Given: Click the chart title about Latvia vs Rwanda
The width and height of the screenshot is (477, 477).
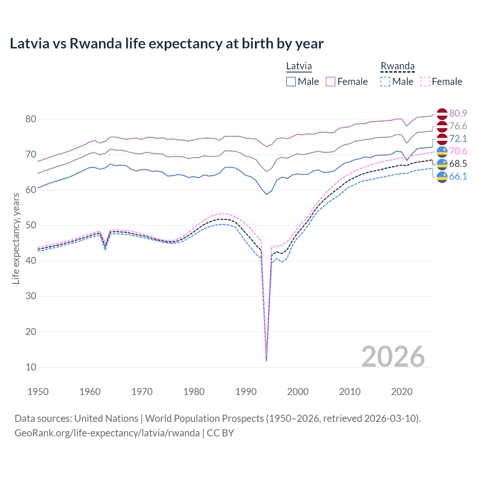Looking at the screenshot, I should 167,44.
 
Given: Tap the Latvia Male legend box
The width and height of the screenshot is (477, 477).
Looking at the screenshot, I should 291,82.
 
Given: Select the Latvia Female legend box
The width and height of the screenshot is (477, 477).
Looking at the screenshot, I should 331,82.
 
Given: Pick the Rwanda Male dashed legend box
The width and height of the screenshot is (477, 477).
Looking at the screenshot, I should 385,82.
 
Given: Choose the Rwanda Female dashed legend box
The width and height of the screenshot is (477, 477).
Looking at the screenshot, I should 425,82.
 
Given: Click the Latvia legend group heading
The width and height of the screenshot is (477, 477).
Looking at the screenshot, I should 299,66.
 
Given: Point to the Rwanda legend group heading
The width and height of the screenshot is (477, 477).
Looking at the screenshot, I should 397,66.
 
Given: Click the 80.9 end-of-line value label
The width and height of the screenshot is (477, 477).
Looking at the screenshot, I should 458,113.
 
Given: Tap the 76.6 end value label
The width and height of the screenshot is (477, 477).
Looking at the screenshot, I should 458,126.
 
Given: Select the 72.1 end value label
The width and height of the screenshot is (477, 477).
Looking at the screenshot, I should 458,139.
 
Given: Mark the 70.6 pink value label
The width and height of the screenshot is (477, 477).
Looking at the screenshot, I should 458,151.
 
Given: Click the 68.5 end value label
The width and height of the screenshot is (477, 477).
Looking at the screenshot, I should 458,164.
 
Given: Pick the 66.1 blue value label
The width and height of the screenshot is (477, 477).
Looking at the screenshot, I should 458,176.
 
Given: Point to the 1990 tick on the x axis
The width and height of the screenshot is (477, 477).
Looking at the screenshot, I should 246,392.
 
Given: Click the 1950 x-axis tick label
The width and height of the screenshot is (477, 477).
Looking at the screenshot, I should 38,392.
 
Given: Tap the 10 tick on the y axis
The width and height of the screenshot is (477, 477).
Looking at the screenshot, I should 31,367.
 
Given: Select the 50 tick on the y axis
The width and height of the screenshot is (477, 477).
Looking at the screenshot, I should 31,225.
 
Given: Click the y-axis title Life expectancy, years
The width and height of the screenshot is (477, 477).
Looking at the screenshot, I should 16,238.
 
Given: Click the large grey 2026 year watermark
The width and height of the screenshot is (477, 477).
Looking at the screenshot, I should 393,357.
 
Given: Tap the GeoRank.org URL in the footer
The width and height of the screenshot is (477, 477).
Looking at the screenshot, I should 107,433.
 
